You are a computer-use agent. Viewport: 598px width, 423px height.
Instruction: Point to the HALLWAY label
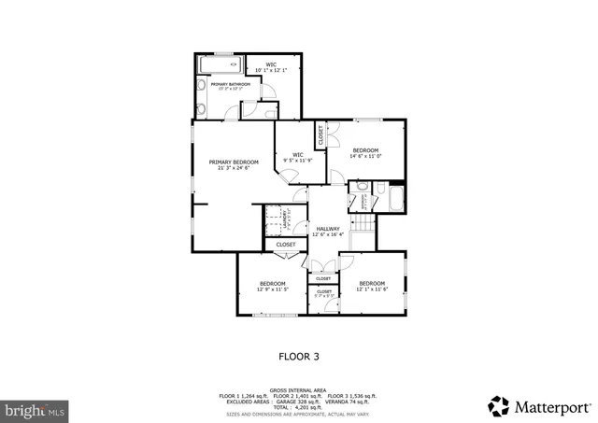(328, 231)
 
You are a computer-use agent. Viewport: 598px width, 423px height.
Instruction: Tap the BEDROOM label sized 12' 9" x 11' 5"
(272, 286)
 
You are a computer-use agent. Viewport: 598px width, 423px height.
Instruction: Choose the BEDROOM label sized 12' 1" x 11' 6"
(371, 286)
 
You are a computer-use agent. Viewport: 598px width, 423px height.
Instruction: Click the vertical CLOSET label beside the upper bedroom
(320, 136)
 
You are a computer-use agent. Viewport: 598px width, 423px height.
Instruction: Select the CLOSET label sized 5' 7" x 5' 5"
(324, 294)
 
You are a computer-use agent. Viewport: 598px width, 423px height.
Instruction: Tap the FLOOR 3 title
(299, 355)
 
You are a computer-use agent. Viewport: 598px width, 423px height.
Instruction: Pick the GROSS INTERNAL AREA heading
(298, 390)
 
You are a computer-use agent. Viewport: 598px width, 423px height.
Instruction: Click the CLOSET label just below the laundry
(286, 245)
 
